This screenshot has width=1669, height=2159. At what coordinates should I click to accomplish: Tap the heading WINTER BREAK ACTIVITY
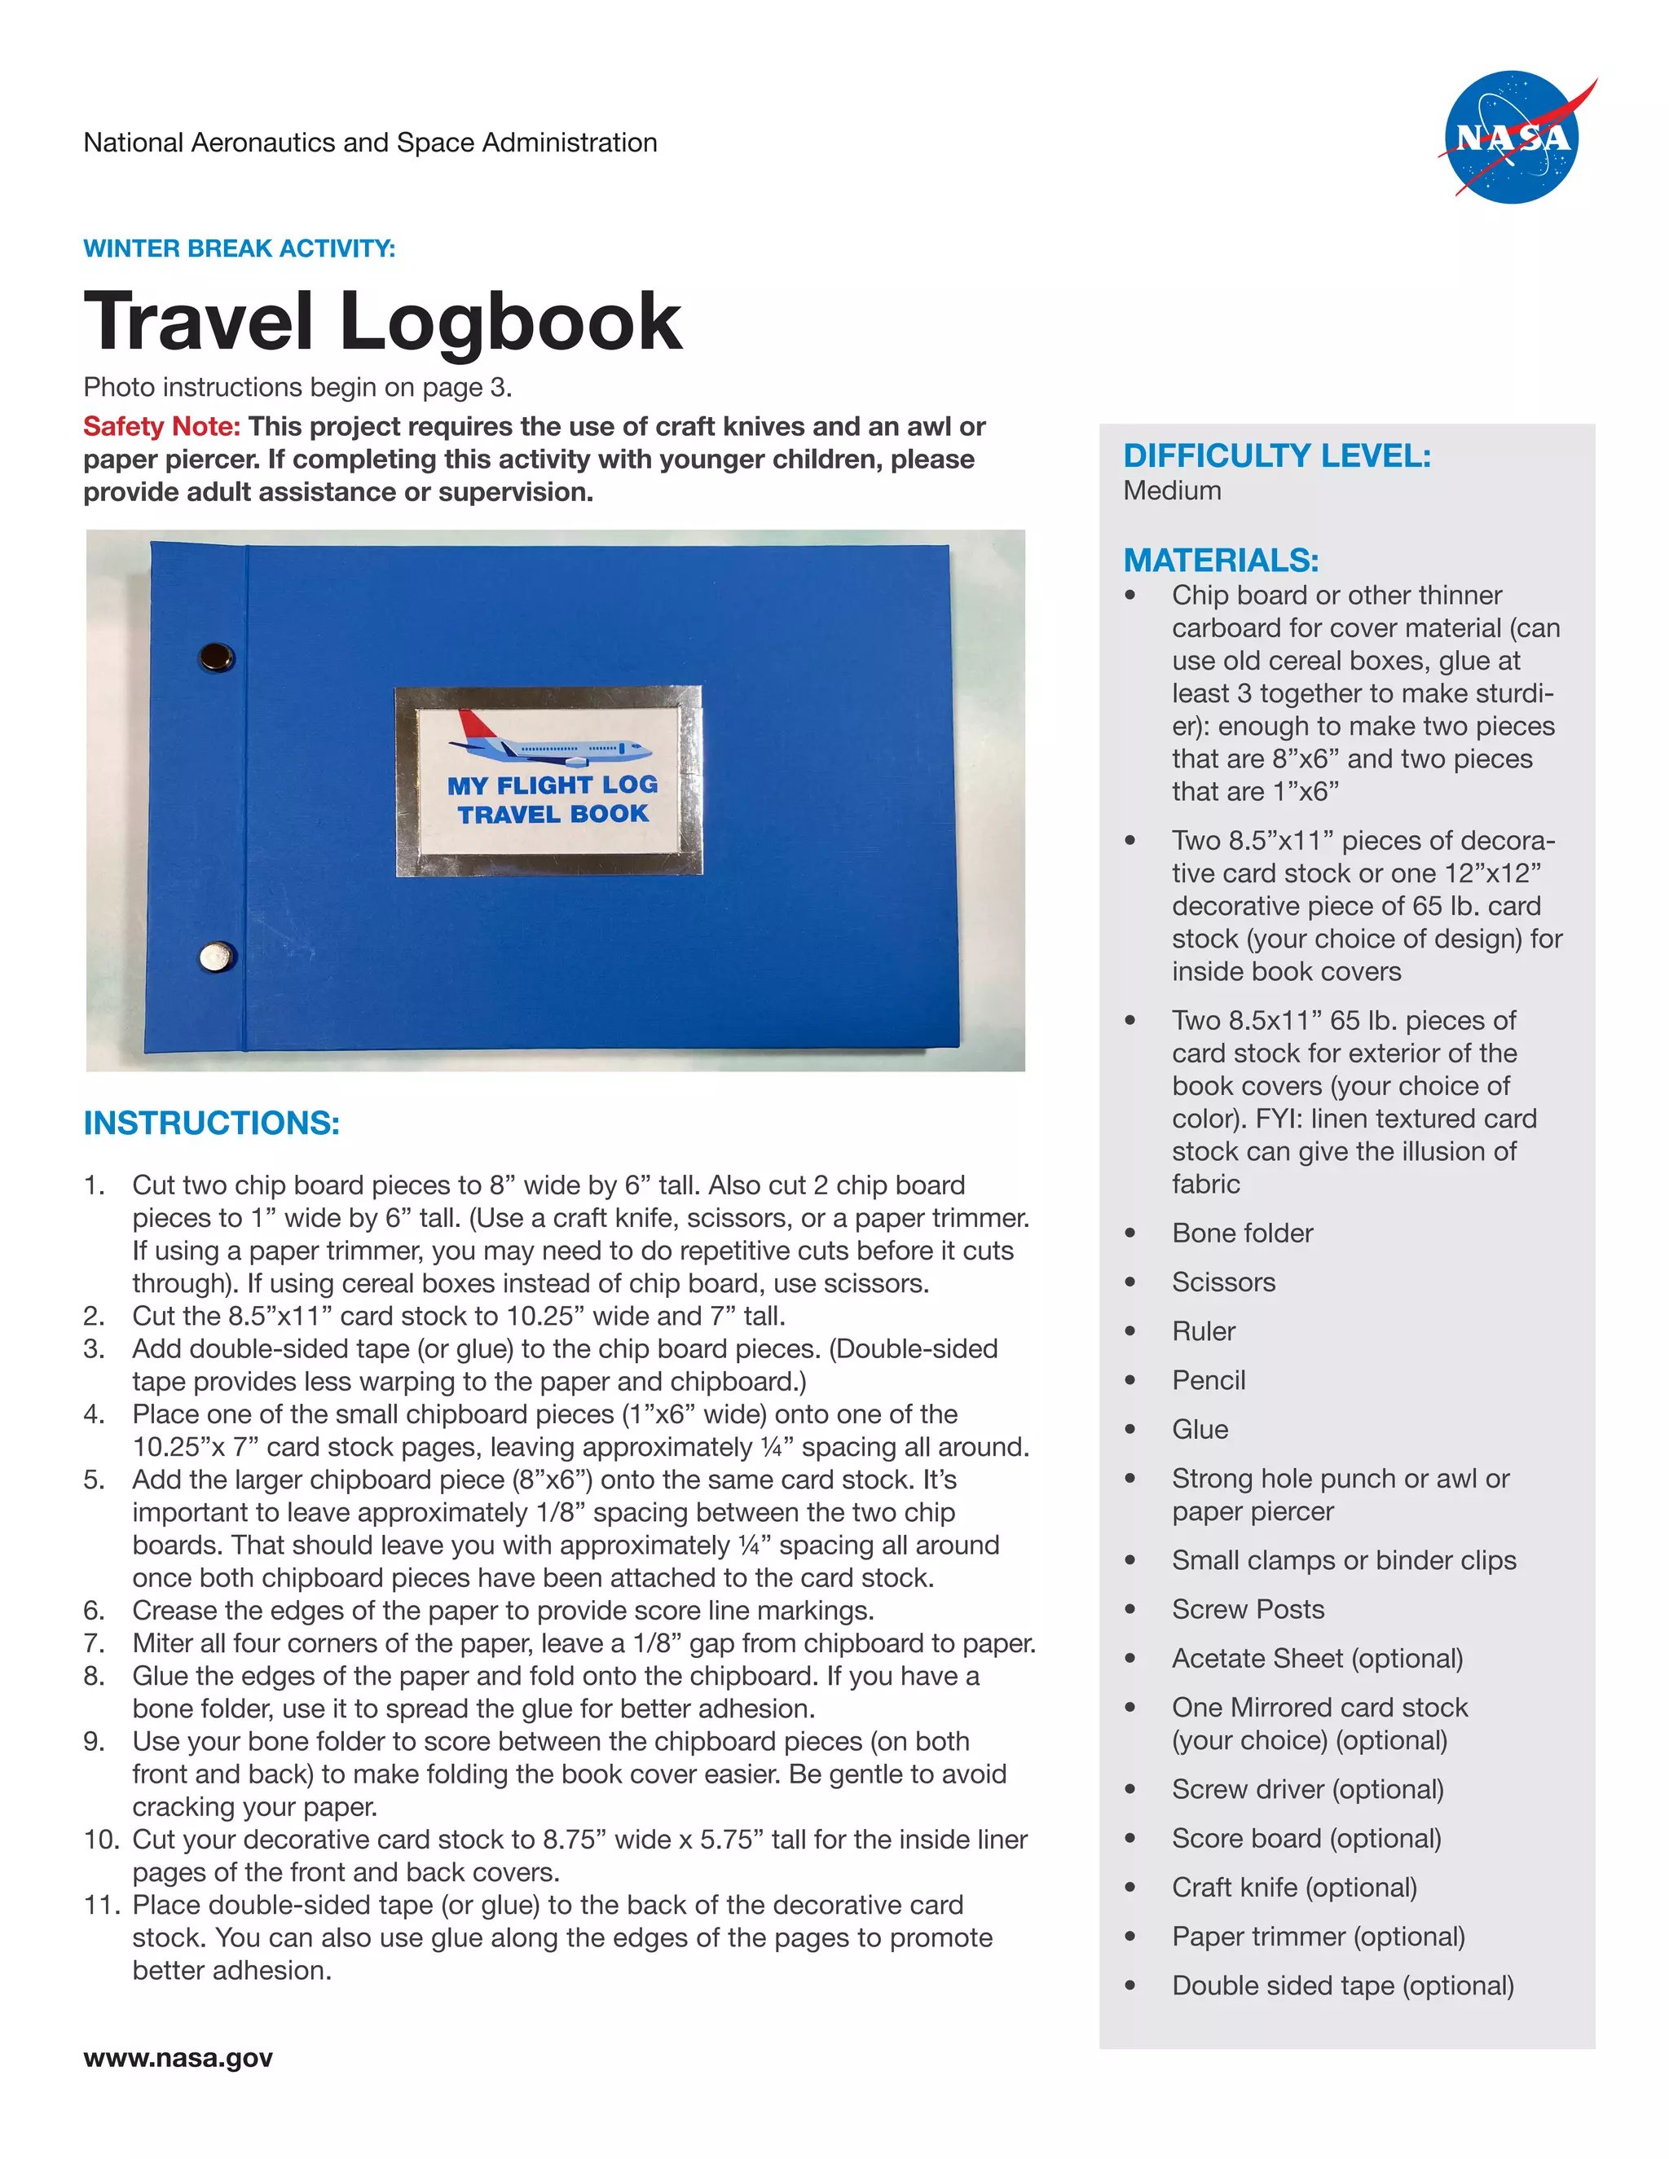[240, 248]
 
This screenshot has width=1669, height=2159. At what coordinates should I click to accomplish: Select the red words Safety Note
[162, 426]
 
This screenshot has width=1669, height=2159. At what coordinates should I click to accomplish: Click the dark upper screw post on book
[217, 655]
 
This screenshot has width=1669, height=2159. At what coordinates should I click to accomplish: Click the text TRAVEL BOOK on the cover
[553, 814]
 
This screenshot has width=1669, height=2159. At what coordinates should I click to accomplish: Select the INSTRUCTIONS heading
[212, 1123]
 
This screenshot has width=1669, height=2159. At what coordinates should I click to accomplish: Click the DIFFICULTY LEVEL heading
[1276, 455]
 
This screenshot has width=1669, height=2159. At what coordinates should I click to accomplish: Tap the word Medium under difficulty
[1172, 490]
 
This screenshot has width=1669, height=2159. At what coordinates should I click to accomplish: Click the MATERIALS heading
[1221, 561]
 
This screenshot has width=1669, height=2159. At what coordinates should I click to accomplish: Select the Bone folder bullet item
[1242, 1233]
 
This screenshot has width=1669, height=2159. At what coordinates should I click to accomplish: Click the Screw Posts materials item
[1248, 1608]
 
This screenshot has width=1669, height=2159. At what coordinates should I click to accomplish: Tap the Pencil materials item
[1209, 1380]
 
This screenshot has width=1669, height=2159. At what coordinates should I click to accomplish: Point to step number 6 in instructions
[94, 1611]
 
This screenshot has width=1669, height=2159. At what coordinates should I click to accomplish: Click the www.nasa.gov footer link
[178, 2058]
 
